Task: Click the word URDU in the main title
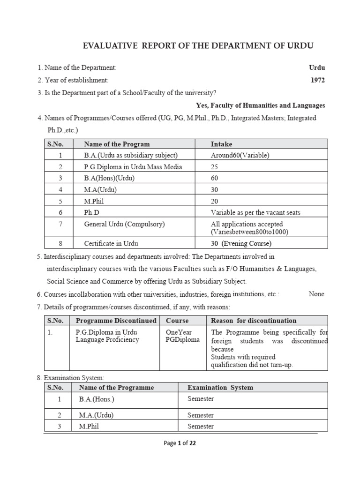301,46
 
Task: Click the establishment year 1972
317,80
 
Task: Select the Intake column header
221,144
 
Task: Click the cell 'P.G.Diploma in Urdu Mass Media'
133,167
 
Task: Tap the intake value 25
215,167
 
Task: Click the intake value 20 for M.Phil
215,201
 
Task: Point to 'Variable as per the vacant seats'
255,212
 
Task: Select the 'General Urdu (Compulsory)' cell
124,224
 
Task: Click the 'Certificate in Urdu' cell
111,243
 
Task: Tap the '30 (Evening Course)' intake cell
241,243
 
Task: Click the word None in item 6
316,294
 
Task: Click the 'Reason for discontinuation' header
254,321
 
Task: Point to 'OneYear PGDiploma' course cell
183,336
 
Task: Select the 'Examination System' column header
220,388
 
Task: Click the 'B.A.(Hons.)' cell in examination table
97,399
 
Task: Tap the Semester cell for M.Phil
201,427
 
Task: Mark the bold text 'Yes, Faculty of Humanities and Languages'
260,105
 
